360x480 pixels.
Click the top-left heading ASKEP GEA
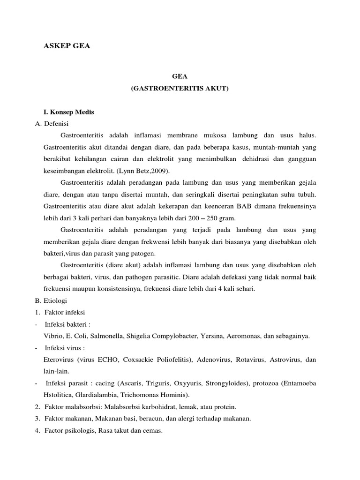(x=66, y=46)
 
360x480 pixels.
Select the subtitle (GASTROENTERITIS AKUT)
(x=180, y=88)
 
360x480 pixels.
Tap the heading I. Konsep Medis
(x=69, y=112)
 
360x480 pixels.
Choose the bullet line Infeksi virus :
(x=64, y=348)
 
